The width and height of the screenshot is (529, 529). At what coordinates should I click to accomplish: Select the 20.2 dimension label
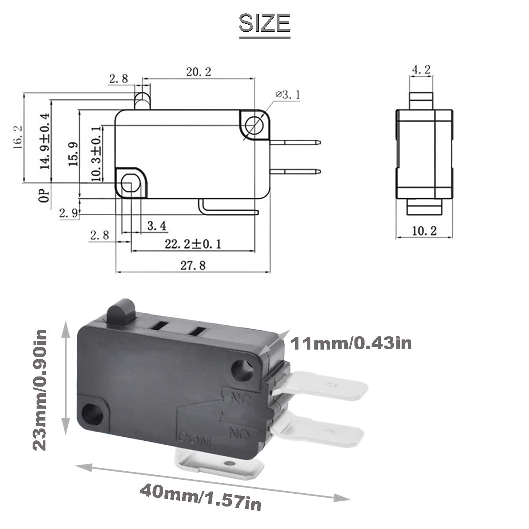click(199, 72)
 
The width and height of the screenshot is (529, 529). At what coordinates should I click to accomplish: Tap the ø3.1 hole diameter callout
click(288, 95)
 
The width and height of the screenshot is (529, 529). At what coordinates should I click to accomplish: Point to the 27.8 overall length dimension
click(193, 265)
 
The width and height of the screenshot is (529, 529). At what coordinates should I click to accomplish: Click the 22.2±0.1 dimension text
click(193, 244)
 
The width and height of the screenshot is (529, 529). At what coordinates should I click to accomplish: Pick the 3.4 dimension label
click(157, 226)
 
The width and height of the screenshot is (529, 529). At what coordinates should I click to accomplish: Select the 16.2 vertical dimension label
click(18, 138)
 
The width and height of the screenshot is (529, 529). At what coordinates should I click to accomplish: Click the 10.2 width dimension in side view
click(424, 231)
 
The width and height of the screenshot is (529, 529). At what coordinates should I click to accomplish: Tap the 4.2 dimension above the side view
click(421, 70)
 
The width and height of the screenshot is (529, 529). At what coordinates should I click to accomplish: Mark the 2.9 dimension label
click(69, 213)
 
